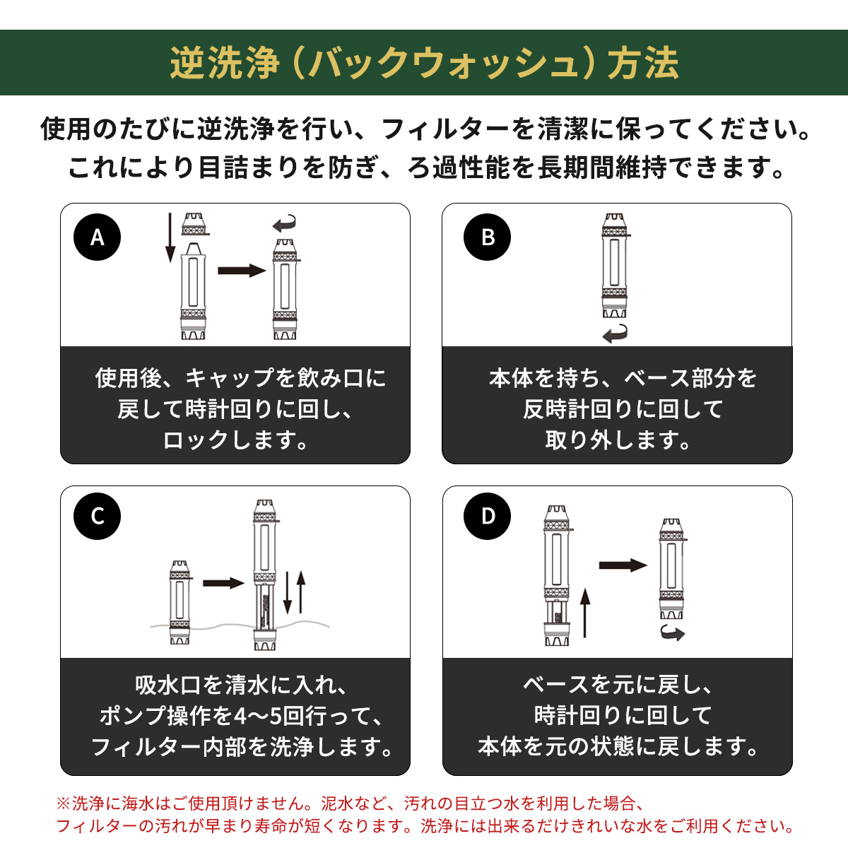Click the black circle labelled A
[97, 237]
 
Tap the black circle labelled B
[487, 237]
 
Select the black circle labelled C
[97, 516]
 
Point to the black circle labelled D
[487, 516]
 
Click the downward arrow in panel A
[170, 237]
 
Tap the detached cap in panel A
[194, 224]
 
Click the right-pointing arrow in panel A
[242, 270]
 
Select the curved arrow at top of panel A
[284, 223]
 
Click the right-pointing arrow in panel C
[223, 584]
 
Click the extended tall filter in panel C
[266, 575]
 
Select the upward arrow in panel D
[584, 613]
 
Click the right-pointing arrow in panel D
[623, 565]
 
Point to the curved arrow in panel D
[673, 633]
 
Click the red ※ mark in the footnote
[64, 803]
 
